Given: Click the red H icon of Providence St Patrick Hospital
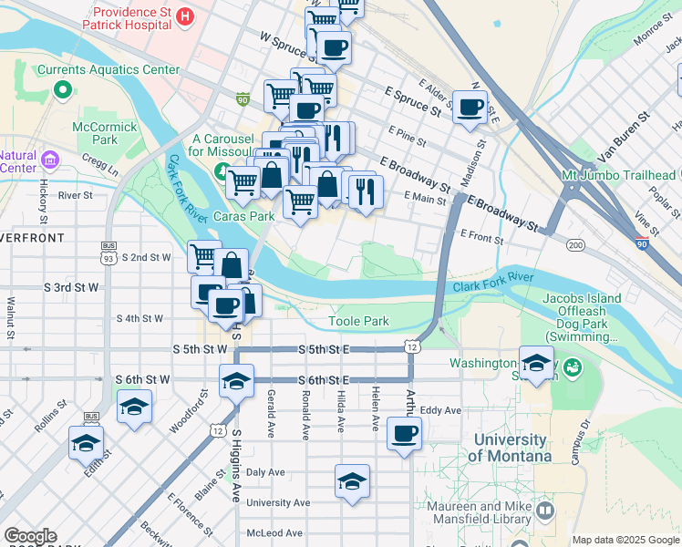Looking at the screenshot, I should (186, 16).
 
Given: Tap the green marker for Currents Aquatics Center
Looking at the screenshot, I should (62, 89).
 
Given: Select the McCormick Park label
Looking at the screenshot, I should (98, 133).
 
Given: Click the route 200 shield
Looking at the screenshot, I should (575, 244).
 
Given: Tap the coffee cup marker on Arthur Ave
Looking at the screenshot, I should (404, 434).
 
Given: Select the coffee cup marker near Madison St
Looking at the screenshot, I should (470, 107).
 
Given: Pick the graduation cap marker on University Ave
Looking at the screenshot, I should (351, 482).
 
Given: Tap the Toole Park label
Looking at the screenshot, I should (358, 321).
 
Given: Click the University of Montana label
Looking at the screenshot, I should (511, 448).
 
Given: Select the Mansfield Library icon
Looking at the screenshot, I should (545, 511).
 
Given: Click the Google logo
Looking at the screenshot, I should (30, 535).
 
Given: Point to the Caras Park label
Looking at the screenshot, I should (243, 217).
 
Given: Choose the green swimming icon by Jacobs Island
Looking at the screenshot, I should (573, 368).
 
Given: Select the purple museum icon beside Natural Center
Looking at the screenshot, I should (49, 161).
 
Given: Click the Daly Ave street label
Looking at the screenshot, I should (265, 472).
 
